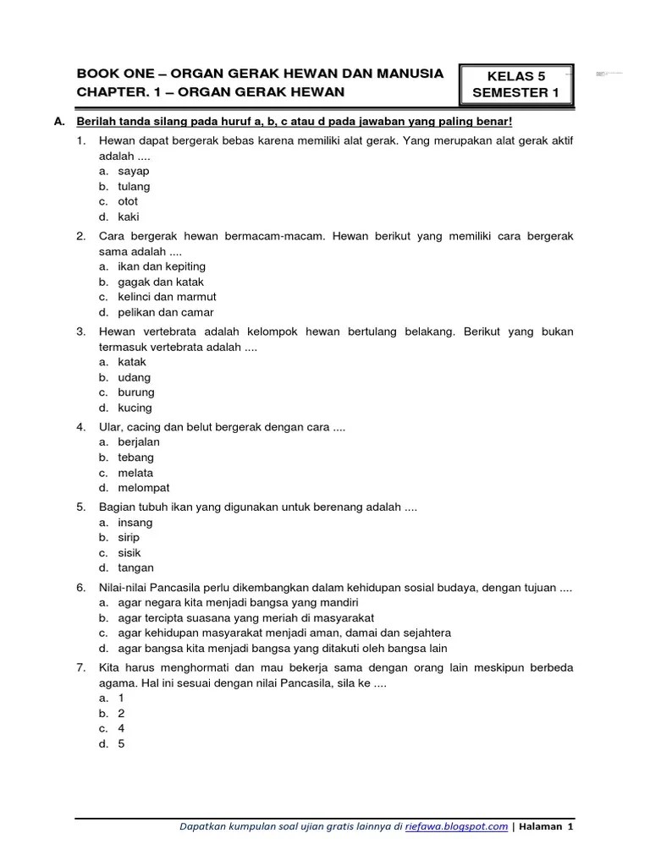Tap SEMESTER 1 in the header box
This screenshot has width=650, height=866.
tap(515, 93)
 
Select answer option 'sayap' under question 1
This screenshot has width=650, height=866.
tap(133, 172)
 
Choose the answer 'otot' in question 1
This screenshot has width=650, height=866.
tap(128, 202)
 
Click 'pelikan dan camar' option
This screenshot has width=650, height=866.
tap(166, 312)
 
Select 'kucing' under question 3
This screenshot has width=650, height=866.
tap(135, 408)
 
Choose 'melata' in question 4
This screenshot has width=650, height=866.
tap(135, 473)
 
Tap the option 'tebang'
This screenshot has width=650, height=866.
tap(135, 458)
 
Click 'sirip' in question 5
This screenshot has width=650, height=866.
tap(129, 538)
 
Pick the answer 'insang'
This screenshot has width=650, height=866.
tap(135, 523)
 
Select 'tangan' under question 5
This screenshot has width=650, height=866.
tap(135, 568)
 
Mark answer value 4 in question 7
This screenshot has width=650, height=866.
tap(121, 728)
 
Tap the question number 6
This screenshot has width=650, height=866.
tap(80, 588)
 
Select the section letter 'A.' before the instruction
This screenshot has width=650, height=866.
tap(59, 123)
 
